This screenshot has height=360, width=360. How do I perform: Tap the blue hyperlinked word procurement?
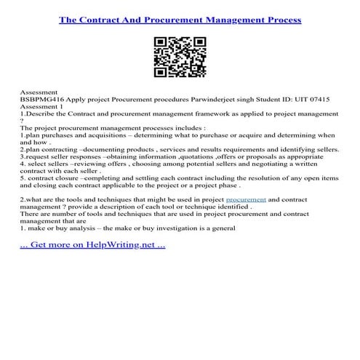[x=248, y=199]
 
